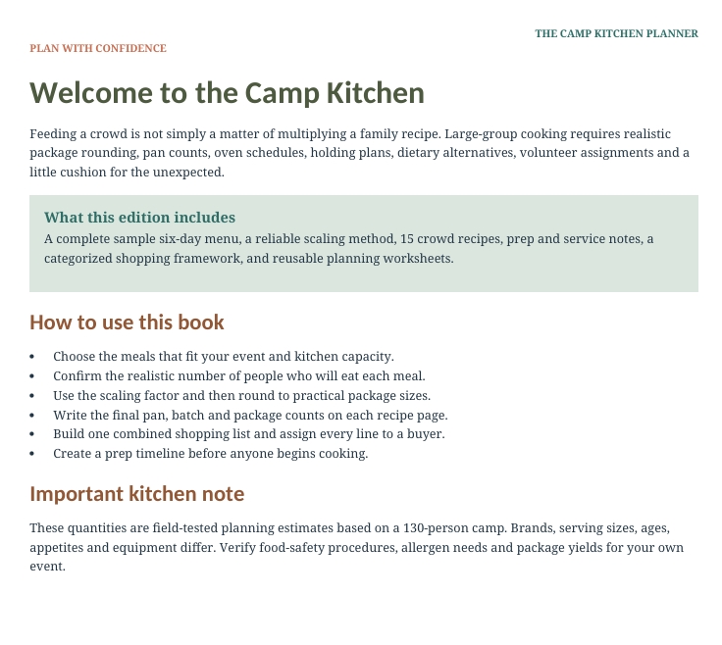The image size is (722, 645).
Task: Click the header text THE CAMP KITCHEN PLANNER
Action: [x=616, y=33]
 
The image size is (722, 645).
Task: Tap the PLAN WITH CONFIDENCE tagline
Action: [x=98, y=48]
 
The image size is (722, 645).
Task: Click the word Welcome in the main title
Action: [x=91, y=93]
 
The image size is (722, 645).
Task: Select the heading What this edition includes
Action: [x=139, y=218]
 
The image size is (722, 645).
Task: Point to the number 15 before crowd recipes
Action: [x=406, y=239]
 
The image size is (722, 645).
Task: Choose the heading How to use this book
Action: [x=127, y=322]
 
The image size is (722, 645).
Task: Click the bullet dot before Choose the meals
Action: [x=31, y=357]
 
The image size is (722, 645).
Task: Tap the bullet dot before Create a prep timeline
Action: [x=31, y=454]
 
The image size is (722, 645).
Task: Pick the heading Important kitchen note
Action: [x=136, y=494]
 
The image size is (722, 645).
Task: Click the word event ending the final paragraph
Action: [x=46, y=567]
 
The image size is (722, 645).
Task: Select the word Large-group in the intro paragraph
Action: [x=481, y=134]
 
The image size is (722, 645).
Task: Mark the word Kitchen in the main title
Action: [x=376, y=93]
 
